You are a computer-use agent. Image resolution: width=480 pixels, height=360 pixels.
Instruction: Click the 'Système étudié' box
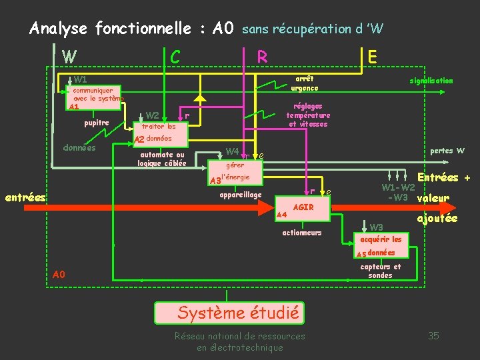(229, 312)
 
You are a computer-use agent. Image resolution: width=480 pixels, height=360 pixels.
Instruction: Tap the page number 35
(433, 335)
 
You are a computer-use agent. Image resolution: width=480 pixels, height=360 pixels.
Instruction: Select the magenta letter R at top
(263, 57)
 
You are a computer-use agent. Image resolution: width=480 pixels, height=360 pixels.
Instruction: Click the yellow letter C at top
(175, 57)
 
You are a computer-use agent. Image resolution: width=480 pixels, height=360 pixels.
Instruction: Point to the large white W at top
(69, 57)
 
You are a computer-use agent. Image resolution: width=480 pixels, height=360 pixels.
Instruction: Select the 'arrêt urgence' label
(305, 83)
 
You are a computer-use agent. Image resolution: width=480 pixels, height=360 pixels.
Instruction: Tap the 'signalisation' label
(431, 81)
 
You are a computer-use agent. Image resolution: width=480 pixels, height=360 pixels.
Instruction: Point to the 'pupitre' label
(97, 123)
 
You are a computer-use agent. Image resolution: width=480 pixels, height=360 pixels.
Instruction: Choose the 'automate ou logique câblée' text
(162, 159)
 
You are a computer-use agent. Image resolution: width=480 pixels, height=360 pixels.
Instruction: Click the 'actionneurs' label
(302, 233)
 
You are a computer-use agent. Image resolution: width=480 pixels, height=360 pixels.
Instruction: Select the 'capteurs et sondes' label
(381, 271)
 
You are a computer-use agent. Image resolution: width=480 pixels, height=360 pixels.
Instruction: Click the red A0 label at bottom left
(59, 274)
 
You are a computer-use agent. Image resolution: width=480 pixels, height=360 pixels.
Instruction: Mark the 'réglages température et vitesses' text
(308, 115)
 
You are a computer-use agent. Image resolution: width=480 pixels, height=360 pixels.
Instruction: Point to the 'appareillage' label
(241, 195)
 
